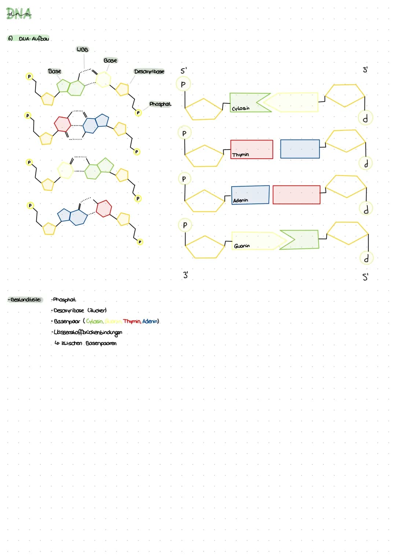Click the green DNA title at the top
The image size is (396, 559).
[19, 14]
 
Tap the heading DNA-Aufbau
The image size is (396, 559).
[33, 38]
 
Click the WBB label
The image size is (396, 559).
[82, 49]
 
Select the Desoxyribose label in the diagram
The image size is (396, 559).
[149, 71]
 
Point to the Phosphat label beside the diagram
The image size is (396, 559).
[160, 104]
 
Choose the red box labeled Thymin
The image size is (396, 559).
[252, 149]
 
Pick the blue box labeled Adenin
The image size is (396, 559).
[250, 195]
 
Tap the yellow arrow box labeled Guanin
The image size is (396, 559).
[257, 241]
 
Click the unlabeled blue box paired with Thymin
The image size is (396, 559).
[300, 149]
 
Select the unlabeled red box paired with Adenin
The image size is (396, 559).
[296, 194]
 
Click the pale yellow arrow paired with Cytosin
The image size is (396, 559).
[293, 102]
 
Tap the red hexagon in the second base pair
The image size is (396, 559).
[62, 124]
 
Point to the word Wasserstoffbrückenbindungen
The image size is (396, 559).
[88, 332]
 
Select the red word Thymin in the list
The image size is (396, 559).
[132, 321]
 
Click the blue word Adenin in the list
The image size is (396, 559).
[150, 321]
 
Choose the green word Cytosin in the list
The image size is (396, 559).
[94, 321]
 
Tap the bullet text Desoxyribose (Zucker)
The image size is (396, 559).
[80, 310]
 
